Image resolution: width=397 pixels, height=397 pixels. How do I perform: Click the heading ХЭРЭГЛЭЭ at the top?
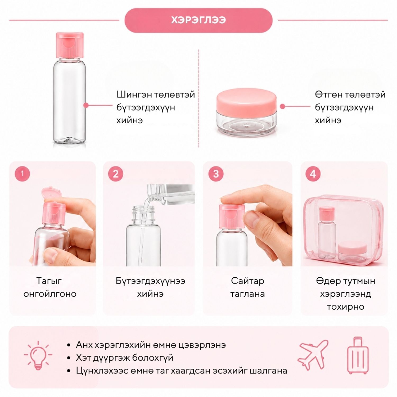pos(198,20)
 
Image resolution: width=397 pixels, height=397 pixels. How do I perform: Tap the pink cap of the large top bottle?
pos(70,45)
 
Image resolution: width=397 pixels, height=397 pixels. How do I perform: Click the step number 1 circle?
pos(22,174)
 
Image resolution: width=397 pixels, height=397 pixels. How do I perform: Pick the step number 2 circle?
pos(116,174)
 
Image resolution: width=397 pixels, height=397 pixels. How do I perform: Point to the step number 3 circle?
pos(216,174)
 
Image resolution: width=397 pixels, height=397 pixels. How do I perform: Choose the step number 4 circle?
pos(313,174)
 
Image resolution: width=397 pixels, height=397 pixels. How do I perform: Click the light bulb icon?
pos(38,355)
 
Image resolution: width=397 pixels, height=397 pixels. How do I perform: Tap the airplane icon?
pos(313,355)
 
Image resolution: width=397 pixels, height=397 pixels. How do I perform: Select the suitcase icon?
pos(358,355)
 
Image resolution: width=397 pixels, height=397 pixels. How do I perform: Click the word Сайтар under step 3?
pos(247,281)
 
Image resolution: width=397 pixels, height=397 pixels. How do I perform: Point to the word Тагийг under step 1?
pos(49,281)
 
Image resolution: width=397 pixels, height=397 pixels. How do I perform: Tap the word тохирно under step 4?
pos(345,307)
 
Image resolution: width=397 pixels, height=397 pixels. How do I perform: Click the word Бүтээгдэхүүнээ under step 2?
pos(150,281)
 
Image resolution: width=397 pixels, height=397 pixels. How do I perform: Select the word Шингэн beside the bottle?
pos(133,94)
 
